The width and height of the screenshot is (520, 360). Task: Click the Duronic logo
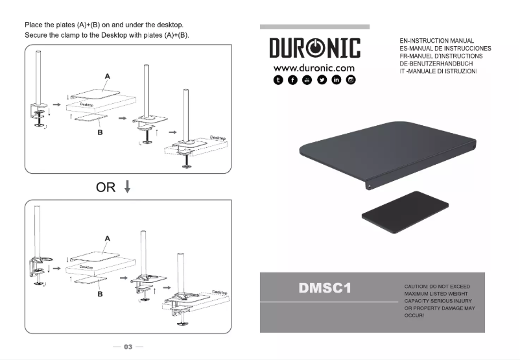pyautogui.click(x=314, y=48)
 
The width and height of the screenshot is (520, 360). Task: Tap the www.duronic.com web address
pyautogui.click(x=314, y=68)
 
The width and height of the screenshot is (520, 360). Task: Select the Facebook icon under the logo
pyautogui.click(x=292, y=80)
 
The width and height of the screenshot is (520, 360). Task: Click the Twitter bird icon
pyautogui.click(x=322, y=80)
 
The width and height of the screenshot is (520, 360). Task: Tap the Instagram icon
pyautogui.click(x=351, y=80)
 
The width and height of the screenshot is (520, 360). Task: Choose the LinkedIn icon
pyautogui.click(x=337, y=80)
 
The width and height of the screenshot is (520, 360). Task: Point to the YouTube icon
pyautogui.click(x=307, y=80)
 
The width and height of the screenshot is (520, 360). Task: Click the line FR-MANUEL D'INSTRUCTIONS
pyautogui.click(x=437, y=56)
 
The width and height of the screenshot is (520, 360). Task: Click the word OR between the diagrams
pyautogui.click(x=106, y=187)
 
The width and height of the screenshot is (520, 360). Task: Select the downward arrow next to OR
pyautogui.click(x=127, y=187)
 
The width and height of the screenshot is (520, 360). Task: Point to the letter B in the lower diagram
pyautogui.click(x=100, y=293)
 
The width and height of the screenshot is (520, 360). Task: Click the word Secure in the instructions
pyautogui.click(x=38, y=34)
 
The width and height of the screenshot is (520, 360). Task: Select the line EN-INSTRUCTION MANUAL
pyautogui.click(x=437, y=41)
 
